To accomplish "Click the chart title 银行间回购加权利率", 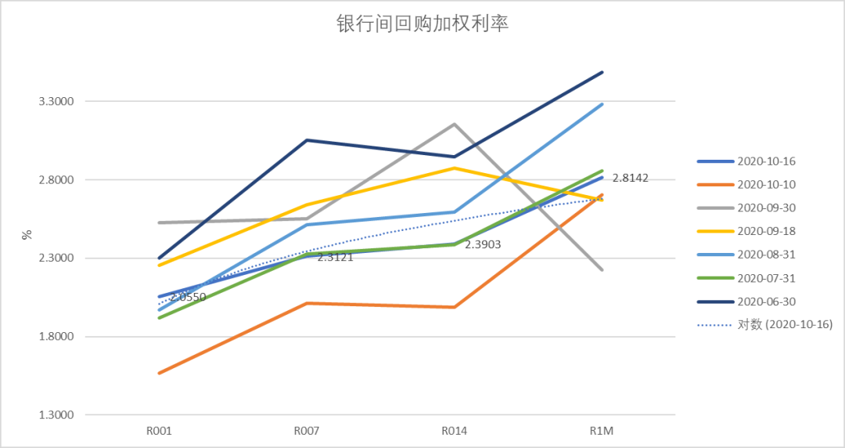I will pyautogui.click(x=422, y=24).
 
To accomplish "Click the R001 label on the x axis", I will pyautogui.click(x=159, y=431).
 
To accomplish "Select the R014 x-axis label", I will pyautogui.click(x=455, y=431).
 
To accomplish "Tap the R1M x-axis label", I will pyautogui.click(x=602, y=431).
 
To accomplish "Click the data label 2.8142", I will pyautogui.click(x=630, y=179).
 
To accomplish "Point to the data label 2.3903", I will pyautogui.click(x=483, y=245).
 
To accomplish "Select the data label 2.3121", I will pyautogui.click(x=335, y=257).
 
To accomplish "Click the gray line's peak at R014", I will pyautogui.click(x=455, y=124).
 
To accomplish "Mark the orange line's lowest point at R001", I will pyautogui.click(x=160, y=373).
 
